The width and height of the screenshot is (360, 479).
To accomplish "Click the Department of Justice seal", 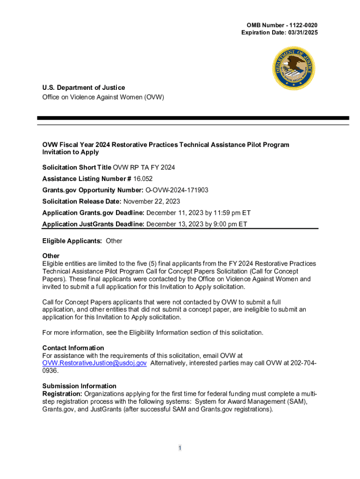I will point(294,68).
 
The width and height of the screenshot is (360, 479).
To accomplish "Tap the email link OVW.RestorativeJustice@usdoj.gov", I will point(94,363).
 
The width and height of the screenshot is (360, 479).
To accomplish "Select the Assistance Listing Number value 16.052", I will point(143,179).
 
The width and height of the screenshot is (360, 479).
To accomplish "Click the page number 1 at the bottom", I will point(180,448).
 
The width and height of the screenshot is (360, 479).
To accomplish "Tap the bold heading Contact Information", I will point(73,348).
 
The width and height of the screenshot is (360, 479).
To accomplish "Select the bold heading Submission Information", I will point(79,386).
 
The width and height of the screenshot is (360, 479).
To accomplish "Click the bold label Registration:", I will point(62,394).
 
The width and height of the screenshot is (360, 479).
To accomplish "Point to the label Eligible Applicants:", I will point(72,241).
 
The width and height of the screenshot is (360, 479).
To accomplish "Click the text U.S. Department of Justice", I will point(84,87).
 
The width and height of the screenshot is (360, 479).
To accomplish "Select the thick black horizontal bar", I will point(193,118).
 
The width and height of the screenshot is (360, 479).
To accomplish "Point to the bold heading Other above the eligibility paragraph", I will point(51,256).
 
